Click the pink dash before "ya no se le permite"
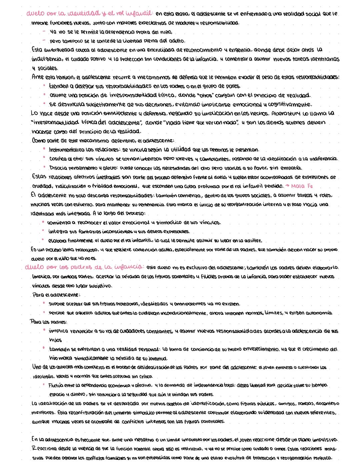pyautogui.click(x=44, y=32)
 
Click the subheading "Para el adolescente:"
pyautogui.click(x=56, y=295)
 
